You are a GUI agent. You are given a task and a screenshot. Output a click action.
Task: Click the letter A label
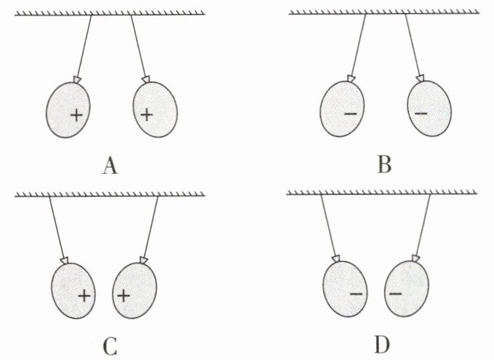(110, 166)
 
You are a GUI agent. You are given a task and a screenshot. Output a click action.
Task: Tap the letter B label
(385, 164)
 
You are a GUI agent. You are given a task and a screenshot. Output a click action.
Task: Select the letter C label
(110, 346)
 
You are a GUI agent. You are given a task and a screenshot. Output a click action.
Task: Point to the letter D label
(382, 345)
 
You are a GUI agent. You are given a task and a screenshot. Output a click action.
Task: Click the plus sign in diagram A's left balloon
(76, 116)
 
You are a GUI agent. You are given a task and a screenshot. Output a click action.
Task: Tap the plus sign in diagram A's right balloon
(146, 115)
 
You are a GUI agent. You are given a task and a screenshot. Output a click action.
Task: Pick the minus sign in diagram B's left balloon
(350, 114)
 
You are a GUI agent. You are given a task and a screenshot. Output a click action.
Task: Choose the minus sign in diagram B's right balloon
(421, 113)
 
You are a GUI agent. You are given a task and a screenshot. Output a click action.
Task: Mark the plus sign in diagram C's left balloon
(84, 296)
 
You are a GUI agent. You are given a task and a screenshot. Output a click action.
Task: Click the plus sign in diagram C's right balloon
(123, 296)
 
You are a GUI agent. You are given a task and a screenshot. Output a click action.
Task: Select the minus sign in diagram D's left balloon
(356, 294)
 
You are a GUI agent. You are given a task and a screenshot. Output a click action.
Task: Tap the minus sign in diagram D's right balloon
(395, 294)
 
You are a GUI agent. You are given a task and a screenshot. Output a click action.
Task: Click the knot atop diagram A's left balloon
(77, 80)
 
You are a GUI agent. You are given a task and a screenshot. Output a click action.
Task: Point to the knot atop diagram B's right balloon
(420, 78)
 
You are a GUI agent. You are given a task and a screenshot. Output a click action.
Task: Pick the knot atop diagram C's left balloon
(64, 260)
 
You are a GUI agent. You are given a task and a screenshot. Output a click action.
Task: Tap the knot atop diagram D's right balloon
(416, 259)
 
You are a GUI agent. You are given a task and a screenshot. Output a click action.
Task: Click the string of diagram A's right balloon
(138, 46)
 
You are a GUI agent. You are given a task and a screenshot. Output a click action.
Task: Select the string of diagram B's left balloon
(358, 44)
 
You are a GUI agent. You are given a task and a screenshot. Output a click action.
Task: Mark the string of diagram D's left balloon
(328, 225)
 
